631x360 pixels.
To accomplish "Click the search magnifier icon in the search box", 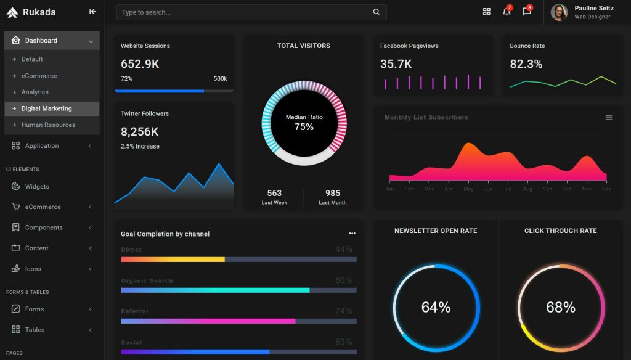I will tap(377, 12).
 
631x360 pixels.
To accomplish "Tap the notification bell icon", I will tap(507, 12).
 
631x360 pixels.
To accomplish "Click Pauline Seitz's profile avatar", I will tap(559, 12).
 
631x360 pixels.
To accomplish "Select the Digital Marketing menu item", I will tap(47, 108).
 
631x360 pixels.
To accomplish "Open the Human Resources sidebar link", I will tap(48, 125).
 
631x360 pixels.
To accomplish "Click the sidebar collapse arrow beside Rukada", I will tap(92, 12).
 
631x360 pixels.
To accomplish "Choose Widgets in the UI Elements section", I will tap(37, 186).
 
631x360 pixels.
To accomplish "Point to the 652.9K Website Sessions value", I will tap(140, 64).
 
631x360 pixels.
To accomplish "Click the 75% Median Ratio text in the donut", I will tap(304, 127).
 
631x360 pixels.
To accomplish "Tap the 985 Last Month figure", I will tap(333, 193).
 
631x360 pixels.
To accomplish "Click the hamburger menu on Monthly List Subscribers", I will tap(609, 118).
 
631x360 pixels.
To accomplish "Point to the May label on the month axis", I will tap(468, 189).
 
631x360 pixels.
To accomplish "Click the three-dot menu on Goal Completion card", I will tap(352, 234).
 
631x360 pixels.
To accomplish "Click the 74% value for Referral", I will tap(343, 311).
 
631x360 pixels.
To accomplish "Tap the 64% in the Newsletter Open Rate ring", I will tap(436, 307).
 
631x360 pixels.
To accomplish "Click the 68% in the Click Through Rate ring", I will tap(561, 307).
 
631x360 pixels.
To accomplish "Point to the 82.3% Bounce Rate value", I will tap(526, 64).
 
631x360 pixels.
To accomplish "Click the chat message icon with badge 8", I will tap(526, 12).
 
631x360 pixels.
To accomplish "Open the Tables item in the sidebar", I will tap(35, 330).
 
